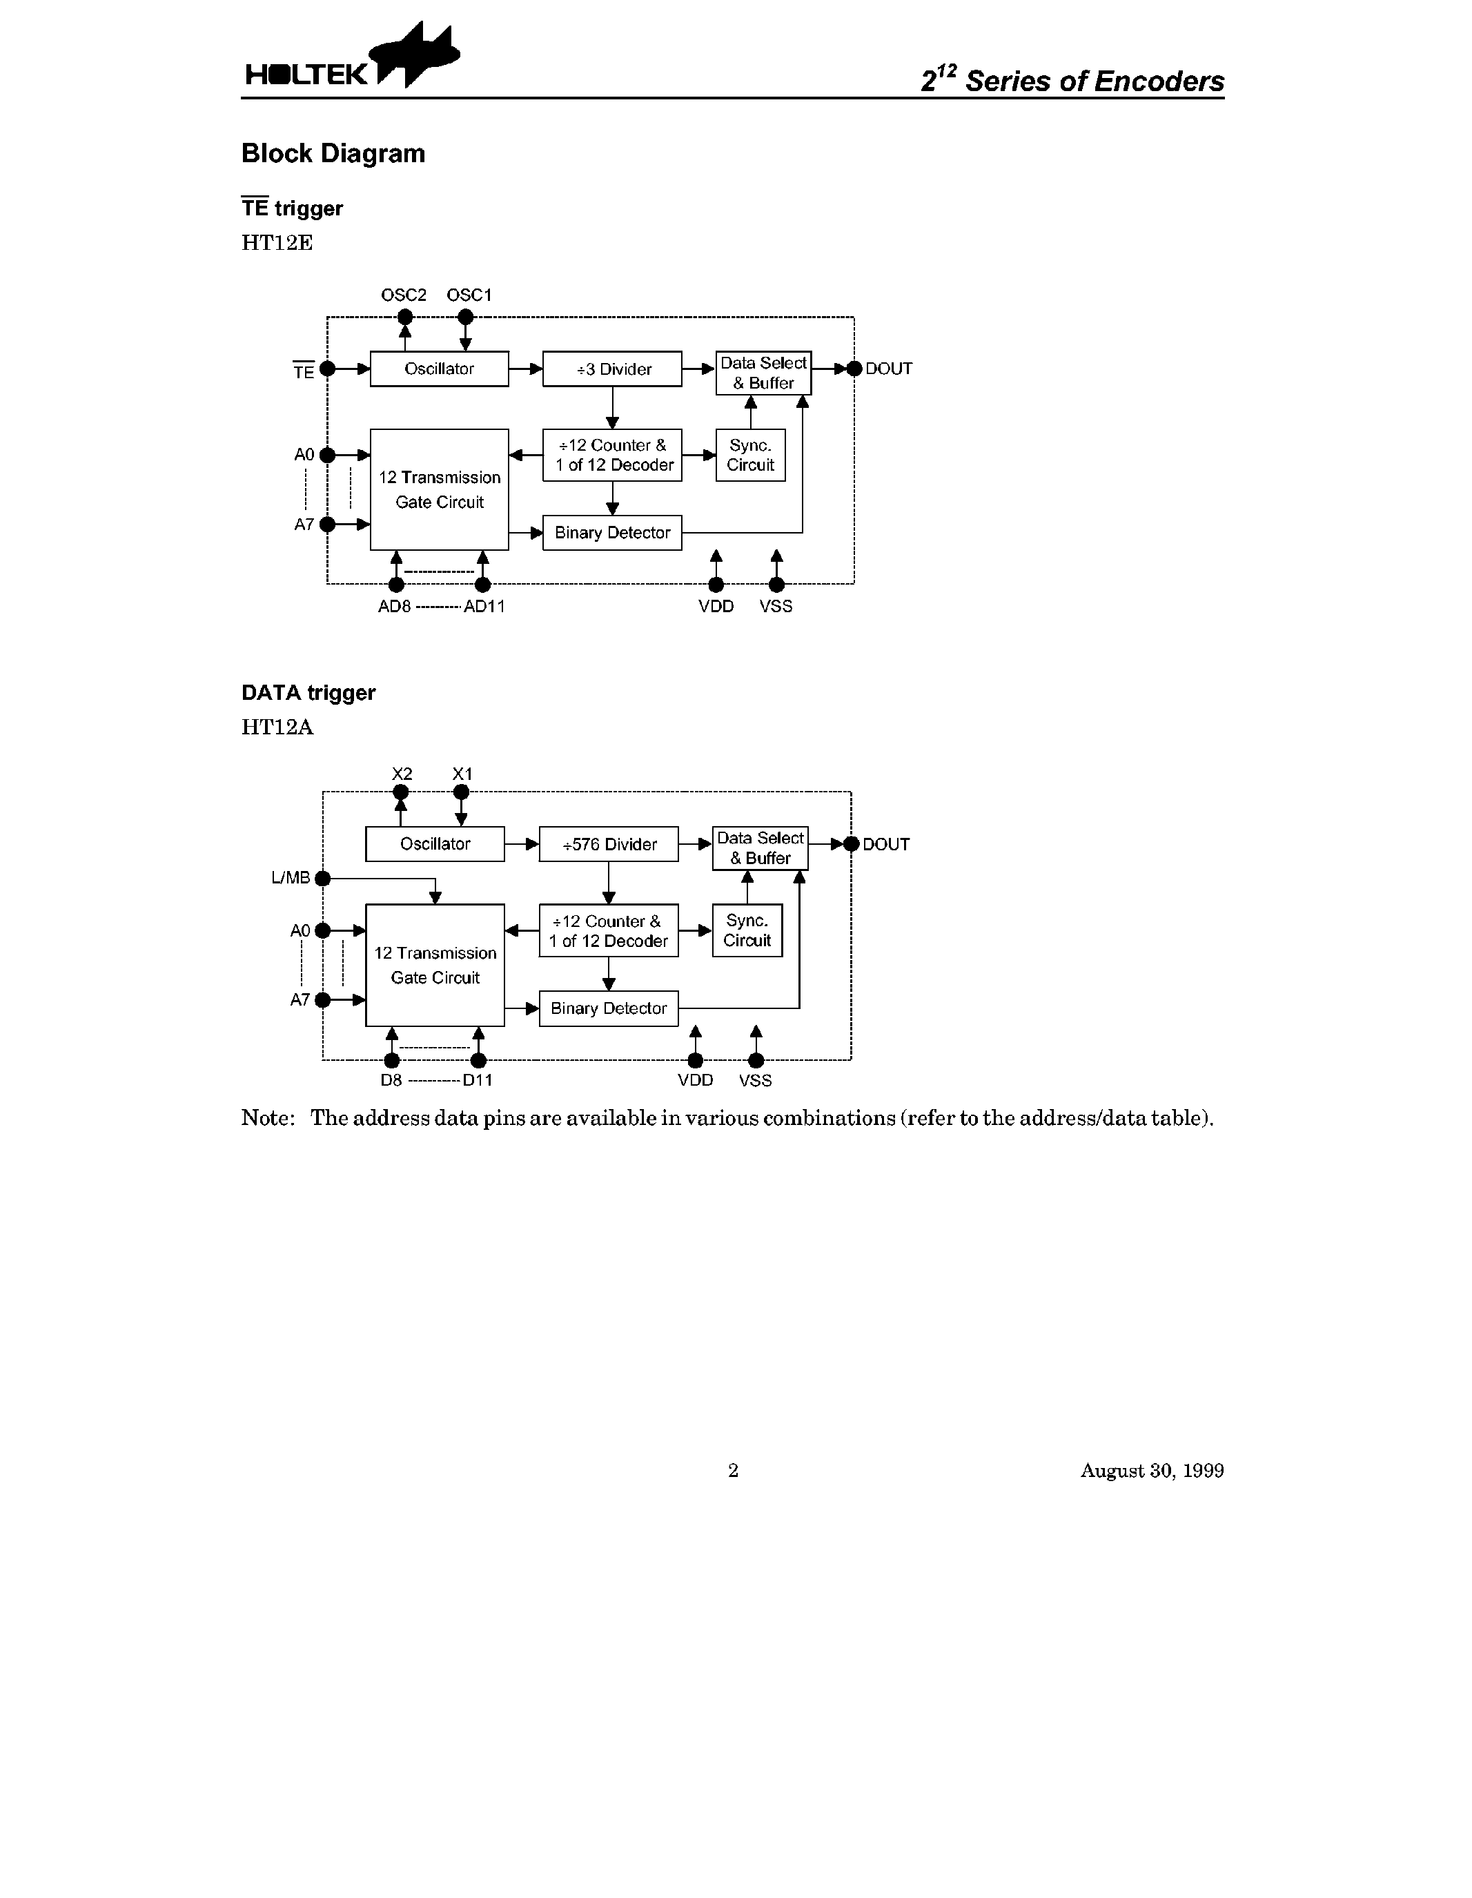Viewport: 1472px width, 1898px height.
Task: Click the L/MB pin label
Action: click(291, 878)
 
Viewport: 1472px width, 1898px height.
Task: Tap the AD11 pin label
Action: click(484, 607)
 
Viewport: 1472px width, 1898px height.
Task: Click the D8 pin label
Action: click(391, 1080)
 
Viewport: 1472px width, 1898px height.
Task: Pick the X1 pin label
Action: click(462, 774)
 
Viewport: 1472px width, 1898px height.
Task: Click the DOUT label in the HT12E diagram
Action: click(888, 369)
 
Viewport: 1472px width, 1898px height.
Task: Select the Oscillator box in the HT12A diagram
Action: click(435, 844)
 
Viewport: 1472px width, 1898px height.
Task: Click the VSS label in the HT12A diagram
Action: click(755, 1080)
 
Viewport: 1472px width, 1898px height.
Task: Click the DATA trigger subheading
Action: click(308, 693)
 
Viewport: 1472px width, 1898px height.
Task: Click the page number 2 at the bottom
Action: click(732, 1470)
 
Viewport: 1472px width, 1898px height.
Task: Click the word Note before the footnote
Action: click(267, 1117)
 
